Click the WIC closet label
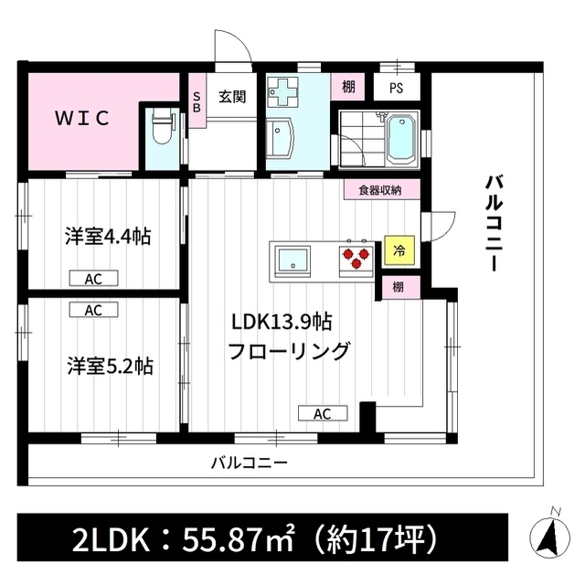pos(82,118)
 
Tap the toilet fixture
pos(162,129)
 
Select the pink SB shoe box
pos(197,101)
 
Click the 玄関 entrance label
pos(232,97)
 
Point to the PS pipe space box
pos(397,88)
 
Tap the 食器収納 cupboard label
pos(380,190)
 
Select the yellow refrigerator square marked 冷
pos(399,250)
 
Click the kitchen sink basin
pos(293,260)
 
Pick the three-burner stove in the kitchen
pos(356,259)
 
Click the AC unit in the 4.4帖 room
pos(93,279)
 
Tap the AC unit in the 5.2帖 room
pos(93,310)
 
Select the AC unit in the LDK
pos(323,413)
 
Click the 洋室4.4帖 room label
pos(108,237)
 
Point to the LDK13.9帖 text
pos(282,322)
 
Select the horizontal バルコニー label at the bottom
pos(250,463)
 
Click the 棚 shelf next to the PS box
pos(348,87)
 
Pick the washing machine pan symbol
pos(283,91)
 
